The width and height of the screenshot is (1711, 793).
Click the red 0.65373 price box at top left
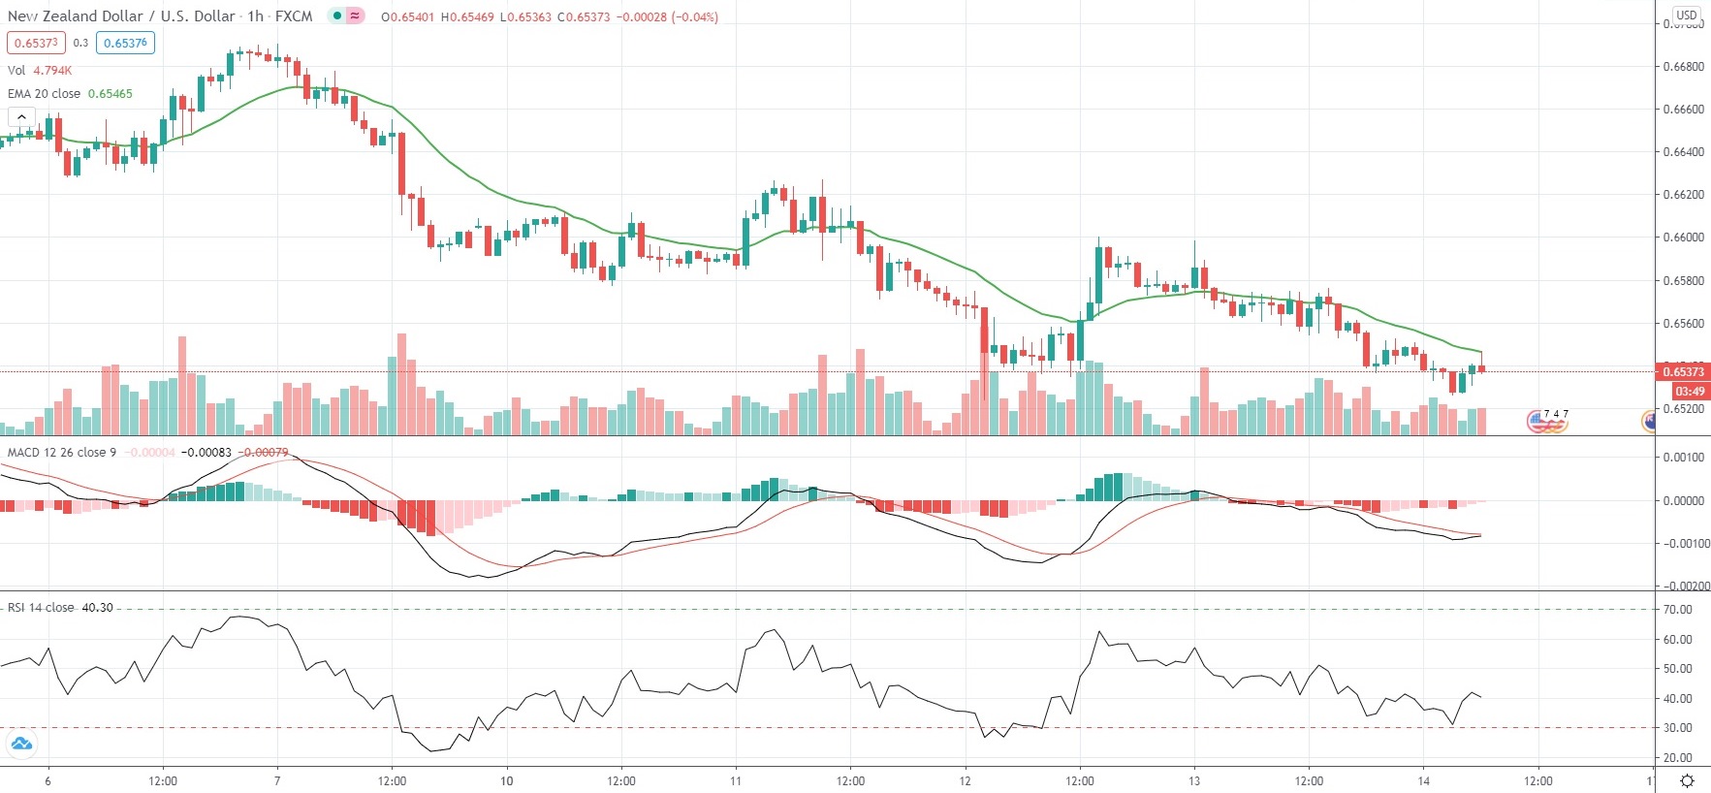point(36,43)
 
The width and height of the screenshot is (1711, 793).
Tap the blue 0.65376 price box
point(126,43)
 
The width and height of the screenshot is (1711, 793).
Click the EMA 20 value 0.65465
point(111,94)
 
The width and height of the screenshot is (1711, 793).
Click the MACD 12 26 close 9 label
point(62,453)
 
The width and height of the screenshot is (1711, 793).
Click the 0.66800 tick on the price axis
point(1683,67)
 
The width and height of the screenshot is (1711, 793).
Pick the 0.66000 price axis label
point(1683,238)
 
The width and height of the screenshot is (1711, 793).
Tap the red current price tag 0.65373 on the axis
point(1683,372)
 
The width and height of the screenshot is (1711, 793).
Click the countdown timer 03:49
point(1690,392)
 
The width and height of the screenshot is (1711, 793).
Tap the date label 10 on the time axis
point(506,781)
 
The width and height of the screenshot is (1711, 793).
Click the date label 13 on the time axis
point(1194,781)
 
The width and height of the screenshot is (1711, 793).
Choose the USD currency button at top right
point(1687,15)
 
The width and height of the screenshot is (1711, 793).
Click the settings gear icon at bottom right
point(1687,781)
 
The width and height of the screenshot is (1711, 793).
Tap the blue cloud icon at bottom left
point(20,745)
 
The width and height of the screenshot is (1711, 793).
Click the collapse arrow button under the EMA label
point(21,117)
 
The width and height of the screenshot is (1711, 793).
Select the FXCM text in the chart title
point(293,16)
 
